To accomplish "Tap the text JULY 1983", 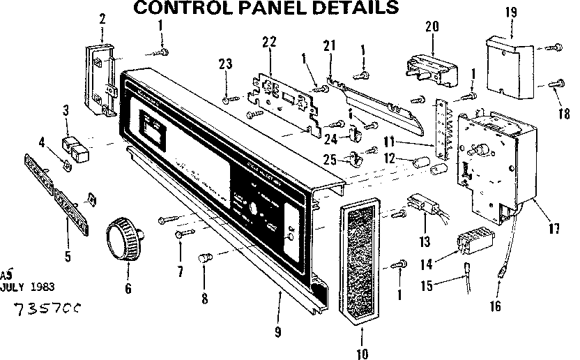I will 29,286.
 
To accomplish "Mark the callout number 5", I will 67,256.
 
